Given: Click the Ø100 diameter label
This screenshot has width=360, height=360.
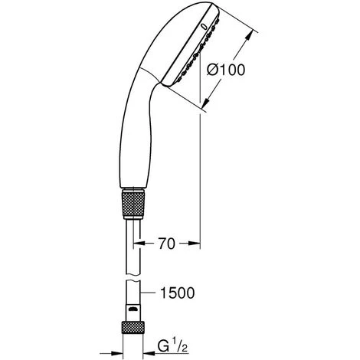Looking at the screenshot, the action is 226,70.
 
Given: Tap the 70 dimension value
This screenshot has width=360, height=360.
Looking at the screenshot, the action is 167,244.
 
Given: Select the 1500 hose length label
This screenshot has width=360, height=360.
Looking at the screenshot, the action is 177,293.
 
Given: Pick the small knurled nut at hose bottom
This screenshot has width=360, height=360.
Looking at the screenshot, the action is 133,328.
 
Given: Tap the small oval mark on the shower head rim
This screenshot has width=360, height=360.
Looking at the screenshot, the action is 205,26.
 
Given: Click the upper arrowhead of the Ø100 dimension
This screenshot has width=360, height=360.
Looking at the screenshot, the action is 249,35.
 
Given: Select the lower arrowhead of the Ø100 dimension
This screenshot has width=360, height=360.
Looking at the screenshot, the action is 205,103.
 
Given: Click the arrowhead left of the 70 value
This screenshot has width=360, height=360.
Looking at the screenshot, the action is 139,244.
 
